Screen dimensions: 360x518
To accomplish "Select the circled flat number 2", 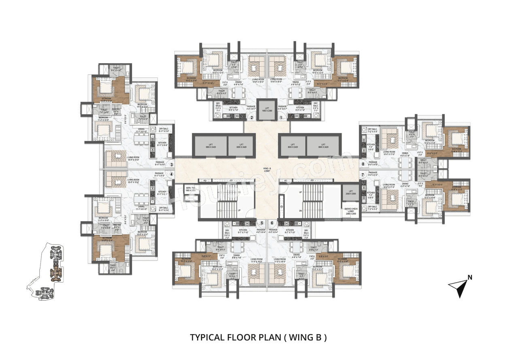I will pyautogui.click(x=251, y=118).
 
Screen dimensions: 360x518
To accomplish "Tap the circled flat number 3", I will pyautogui.click(x=172, y=165).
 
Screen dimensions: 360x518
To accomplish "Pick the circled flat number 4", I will pyautogui.click(x=172, y=175).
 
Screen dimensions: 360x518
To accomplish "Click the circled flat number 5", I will pyautogui.click(x=262, y=223).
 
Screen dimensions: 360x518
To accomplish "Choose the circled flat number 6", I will pyautogui.click(x=272, y=223).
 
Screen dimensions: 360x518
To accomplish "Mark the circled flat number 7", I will pyautogui.click(x=363, y=175).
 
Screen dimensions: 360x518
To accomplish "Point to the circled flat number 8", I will pyautogui.click(x=363, y=164).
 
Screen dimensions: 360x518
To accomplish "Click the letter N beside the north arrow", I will pyautogui.click(x=470, y=277).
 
